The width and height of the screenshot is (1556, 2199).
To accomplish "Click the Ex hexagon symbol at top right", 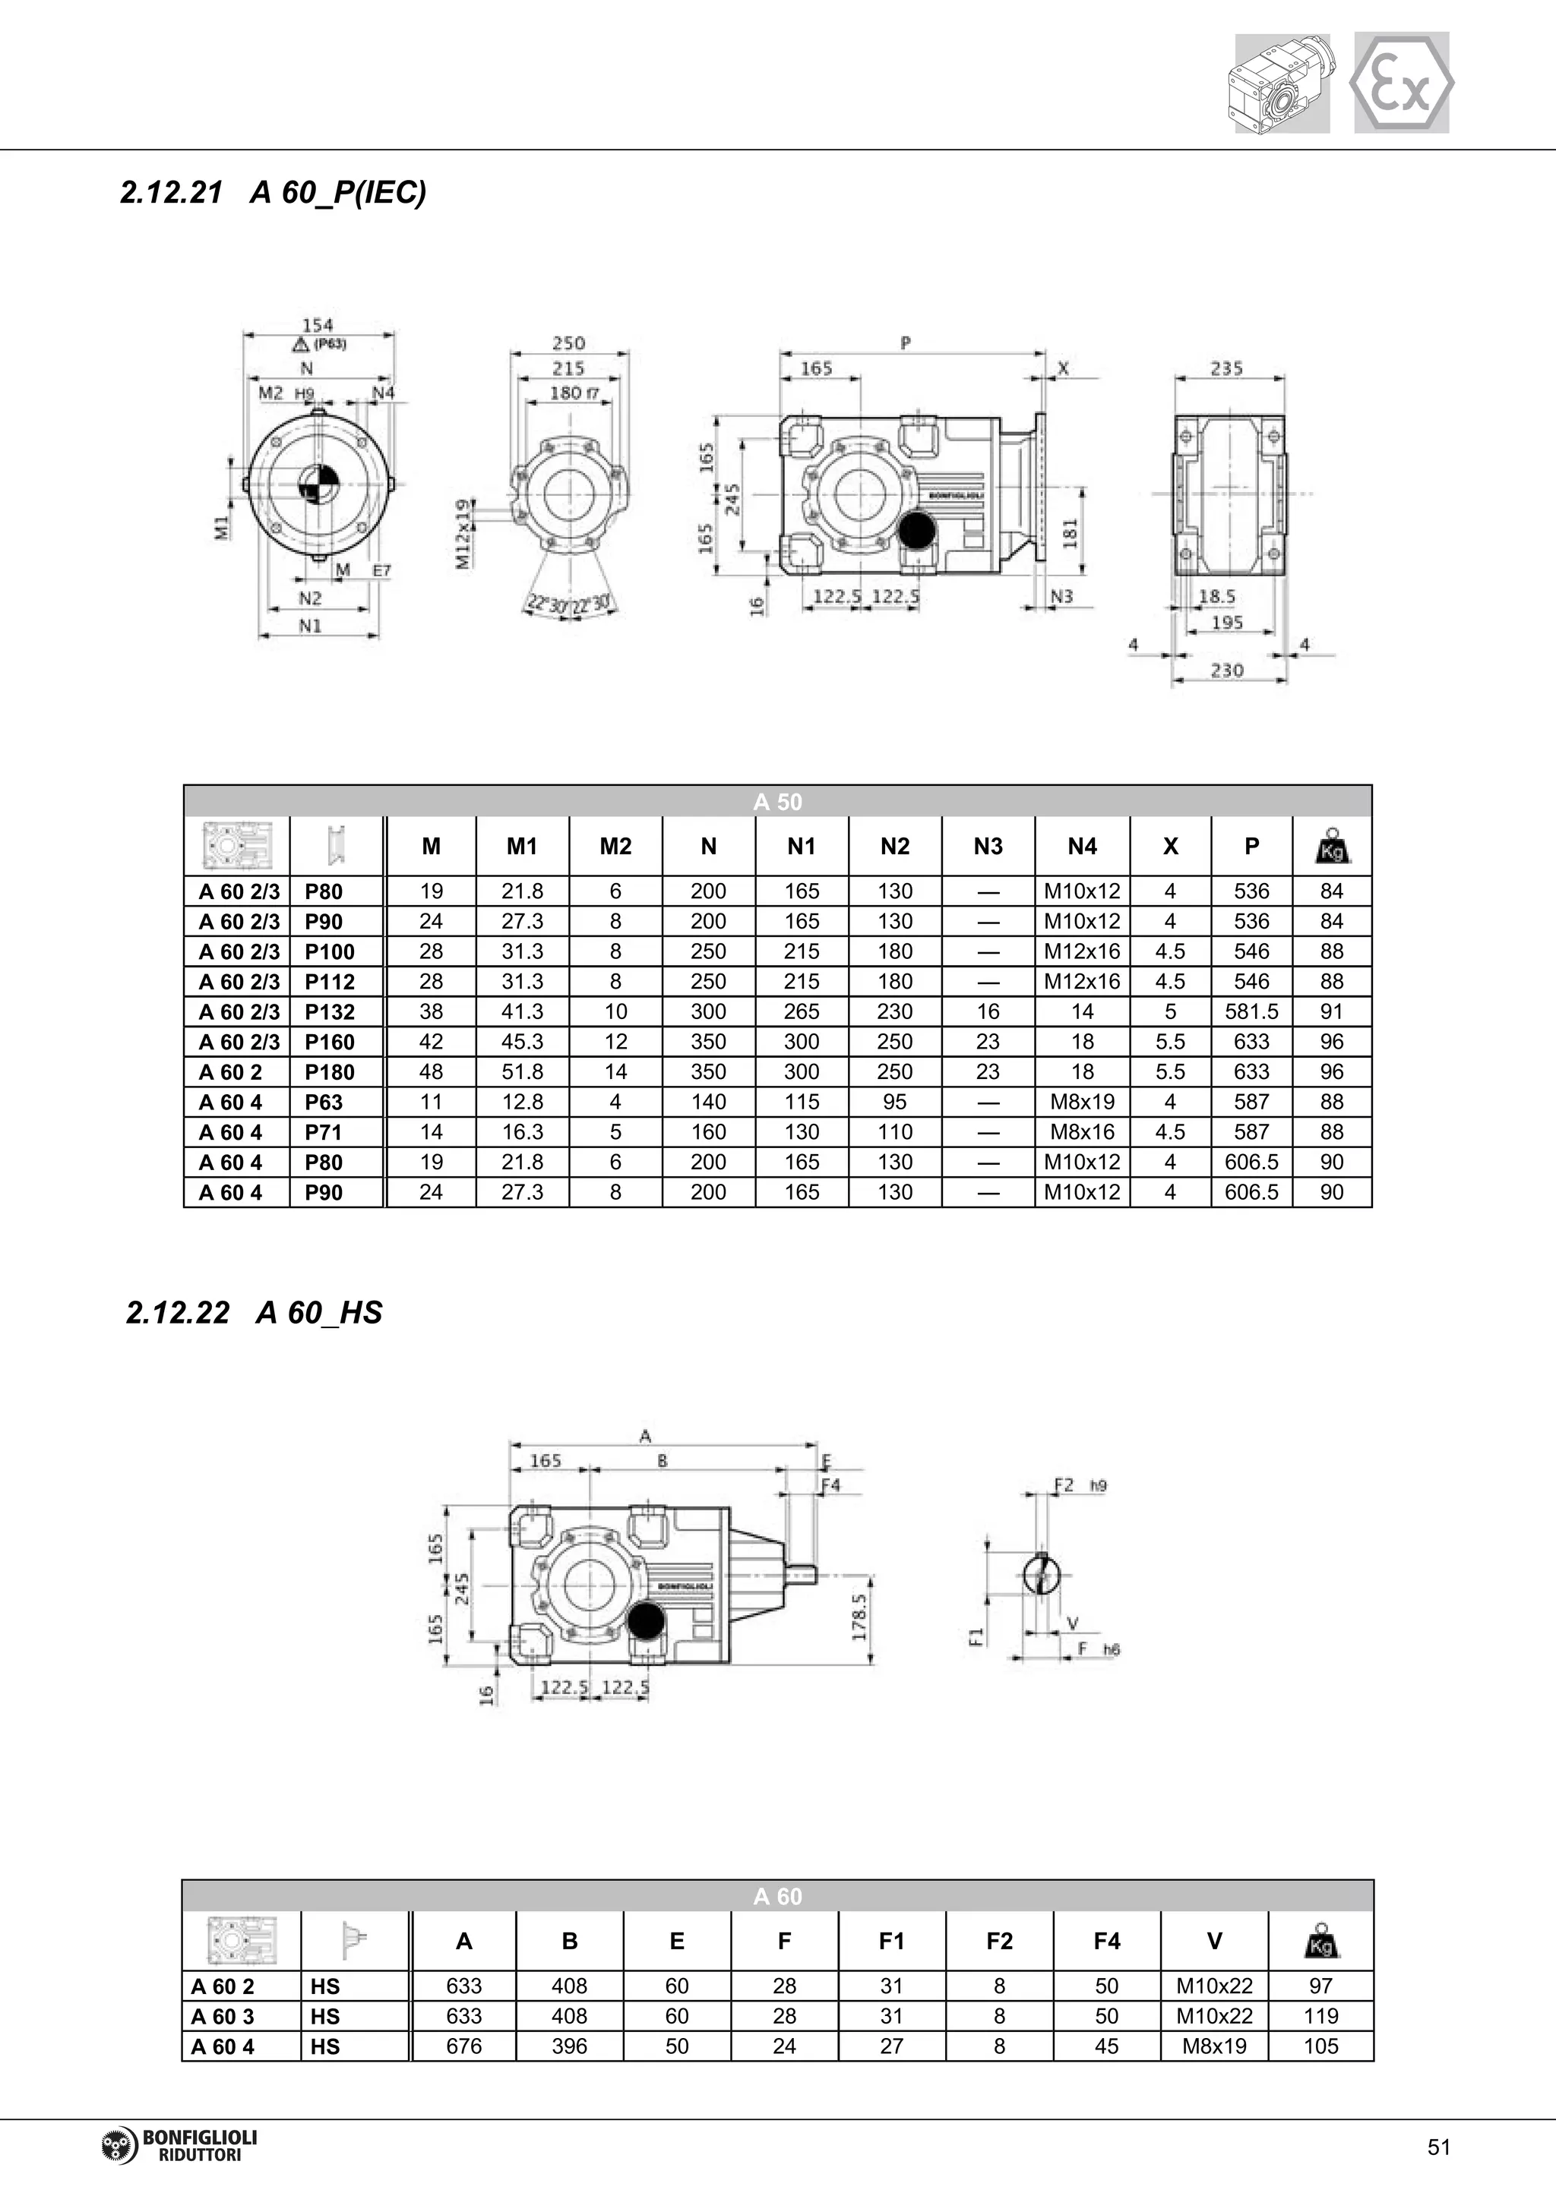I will click(1401, 84).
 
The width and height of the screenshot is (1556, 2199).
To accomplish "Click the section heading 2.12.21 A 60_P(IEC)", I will click(273, 193).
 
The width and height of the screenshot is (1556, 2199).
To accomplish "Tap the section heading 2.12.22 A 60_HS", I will click(254, 1312).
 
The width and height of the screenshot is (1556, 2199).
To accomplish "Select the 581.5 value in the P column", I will click(1251, 1011).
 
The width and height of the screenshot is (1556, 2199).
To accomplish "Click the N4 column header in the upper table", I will click(1082, 846).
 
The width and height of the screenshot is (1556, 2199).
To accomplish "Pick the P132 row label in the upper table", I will click(330, 1011).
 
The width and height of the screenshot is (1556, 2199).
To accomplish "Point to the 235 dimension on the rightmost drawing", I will click(1226, 368).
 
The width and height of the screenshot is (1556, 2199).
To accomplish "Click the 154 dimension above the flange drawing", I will click(317, 326).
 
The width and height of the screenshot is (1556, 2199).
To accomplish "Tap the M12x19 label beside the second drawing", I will click(463, 534).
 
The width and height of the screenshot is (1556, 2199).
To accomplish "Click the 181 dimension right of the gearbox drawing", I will click(1071, 534).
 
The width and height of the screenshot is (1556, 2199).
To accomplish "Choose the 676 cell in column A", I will click(463, 2046).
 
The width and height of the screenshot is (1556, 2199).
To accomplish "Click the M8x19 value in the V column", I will click(1214, 2046).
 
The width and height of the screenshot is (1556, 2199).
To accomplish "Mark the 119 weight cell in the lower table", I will click(1320, 2016).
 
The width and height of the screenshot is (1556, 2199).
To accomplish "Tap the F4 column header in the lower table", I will click(1107, 1942).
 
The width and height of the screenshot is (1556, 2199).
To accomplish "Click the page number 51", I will click(1438, 2147).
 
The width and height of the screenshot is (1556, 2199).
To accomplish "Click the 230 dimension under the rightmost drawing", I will click(1226, 670).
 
